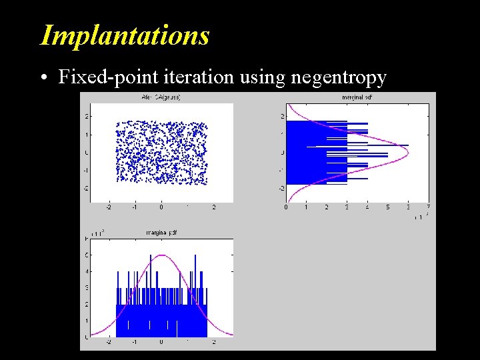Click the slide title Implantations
[x=125, y=35]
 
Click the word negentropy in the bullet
[x=339, y=78]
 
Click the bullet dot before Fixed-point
[x=43, y=78]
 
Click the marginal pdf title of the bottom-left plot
[x=161, y=232]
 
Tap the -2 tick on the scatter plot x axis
[x=109, y=207]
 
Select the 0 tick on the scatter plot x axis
[x=161, y=207]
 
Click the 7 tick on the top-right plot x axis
[x=428, y=207]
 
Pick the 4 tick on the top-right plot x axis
[x=367, y=207]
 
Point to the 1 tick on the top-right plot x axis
[x=306, y=207]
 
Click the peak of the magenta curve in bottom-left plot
[x=161, y=255]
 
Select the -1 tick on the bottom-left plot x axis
[x=135, y=342]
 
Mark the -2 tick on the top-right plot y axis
[x=282, y=189]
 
